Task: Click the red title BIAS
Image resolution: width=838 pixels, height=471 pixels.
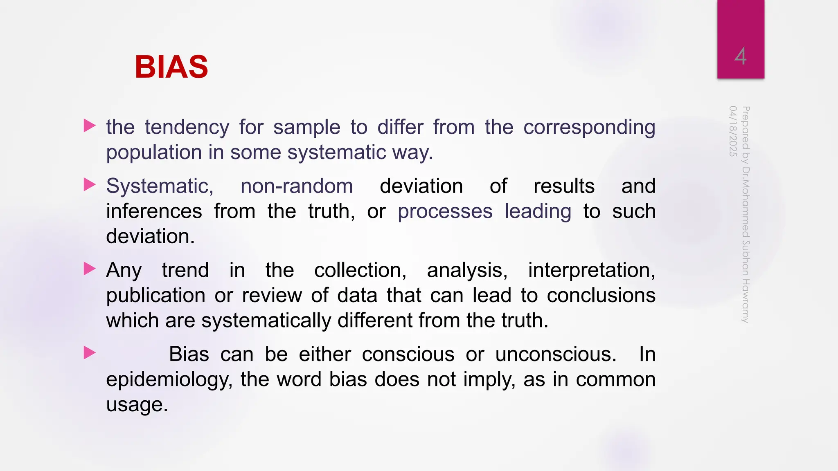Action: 171,67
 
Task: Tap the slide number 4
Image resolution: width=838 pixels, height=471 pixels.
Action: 740,56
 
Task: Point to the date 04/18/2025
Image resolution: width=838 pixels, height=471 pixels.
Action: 733,131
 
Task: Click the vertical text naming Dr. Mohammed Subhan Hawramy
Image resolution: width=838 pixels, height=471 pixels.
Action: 746,214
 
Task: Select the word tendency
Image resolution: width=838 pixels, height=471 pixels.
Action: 187,127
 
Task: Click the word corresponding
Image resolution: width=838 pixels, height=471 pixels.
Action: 589,127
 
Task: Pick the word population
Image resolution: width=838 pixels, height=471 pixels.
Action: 154,153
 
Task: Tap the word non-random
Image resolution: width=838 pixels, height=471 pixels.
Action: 297,186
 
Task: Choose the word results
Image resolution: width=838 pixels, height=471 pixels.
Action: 564,186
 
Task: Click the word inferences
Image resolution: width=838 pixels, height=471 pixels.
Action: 154,211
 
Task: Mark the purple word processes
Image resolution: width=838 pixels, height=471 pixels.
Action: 445,211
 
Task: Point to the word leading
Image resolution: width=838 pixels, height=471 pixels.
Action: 538,211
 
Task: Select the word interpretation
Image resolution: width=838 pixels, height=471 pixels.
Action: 591,270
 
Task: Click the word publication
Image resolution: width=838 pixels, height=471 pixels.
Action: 155,296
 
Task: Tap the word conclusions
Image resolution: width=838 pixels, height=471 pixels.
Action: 601,296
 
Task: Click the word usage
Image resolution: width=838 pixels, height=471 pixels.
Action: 137,405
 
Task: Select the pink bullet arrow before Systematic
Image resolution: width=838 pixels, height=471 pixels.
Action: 89,185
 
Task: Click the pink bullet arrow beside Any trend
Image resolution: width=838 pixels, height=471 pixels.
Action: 89,269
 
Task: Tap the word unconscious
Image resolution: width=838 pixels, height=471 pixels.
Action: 556,354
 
